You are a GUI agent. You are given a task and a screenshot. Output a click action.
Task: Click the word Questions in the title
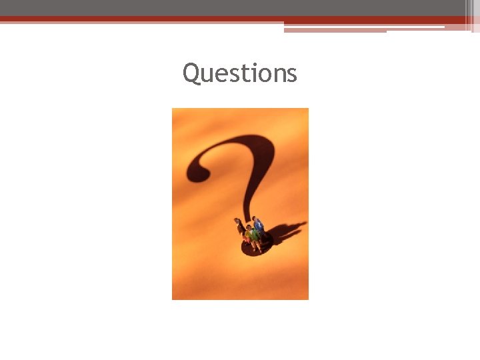click(240, 73)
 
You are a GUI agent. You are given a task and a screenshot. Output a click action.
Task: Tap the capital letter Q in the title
click(191, 73)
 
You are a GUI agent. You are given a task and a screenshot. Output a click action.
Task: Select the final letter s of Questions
click(291, 75)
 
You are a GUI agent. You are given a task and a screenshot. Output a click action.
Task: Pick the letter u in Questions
click(205, 75)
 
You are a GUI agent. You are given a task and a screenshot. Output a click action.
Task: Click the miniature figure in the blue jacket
click(259, 227)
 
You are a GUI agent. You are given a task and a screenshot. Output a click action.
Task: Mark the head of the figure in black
click(237, 220)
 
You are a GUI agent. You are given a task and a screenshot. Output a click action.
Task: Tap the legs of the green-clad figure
click(255, 245)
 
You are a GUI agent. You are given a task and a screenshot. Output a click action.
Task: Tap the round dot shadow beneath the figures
click(250, 249)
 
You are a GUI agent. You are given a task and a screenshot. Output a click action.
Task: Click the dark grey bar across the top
click(233, 7)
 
